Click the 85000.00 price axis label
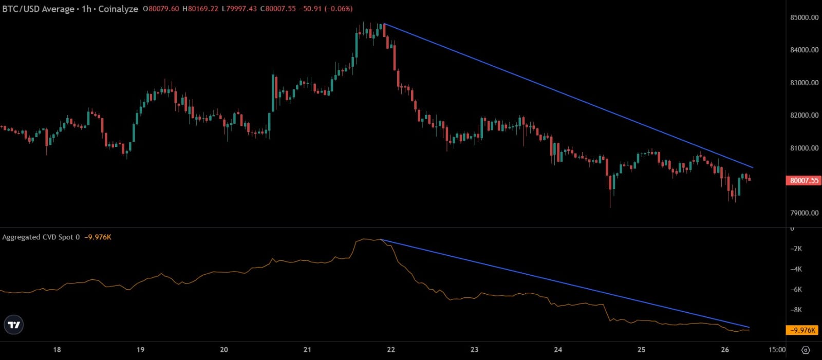coord(804,17)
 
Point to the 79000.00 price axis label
coord(804,213)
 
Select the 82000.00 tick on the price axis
coord(804,115)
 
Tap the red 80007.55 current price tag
coord(804,180)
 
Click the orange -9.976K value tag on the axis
coord(802,330)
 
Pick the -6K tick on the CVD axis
coord(796,290)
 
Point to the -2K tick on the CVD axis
coord(796,249)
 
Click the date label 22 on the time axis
coord(391,350)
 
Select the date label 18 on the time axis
coord(57,350)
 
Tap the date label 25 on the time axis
coord(641,350)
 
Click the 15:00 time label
coord(777,350)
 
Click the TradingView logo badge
coord(13,325)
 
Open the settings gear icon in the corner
coord(806,350)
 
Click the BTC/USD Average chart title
coord(38,9)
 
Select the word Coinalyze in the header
coord(118,9)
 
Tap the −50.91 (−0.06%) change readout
coord(326,8)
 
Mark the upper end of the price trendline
coord(384,24)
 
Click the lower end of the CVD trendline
coord(750,327)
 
